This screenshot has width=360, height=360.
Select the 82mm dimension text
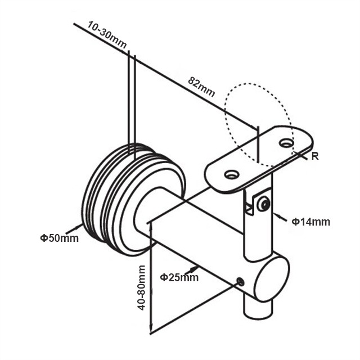click(201, 87)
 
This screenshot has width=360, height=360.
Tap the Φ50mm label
click(59, 238)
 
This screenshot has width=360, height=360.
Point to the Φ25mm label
click(179, 277)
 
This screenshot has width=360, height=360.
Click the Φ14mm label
click(310, 222)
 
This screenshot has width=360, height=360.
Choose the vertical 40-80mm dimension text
click(141, 287)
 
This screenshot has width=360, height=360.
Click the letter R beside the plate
click(315, 156)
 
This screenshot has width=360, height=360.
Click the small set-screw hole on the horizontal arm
click(241, 281)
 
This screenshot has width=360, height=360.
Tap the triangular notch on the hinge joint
click(249, 209)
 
